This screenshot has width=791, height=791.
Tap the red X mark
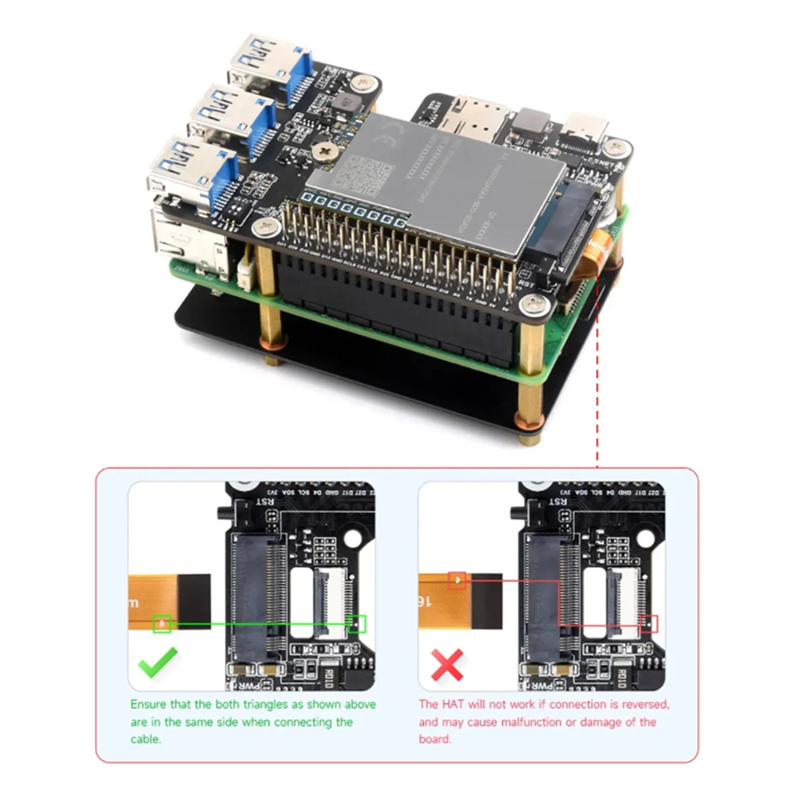pyautogui.click(x=448, y=665)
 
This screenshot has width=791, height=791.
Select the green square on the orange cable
pyautogui.click(x=161, y=623)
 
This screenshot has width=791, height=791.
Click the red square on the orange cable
pyautogui.click(x=457, y=581)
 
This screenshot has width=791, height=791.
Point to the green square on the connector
pyautogui.click(x=357, y=624)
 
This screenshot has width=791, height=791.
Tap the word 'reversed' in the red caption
pyautogui.click(x=643, y=705)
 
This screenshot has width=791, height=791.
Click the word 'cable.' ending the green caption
pyautogui.click(x=145, y=739)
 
